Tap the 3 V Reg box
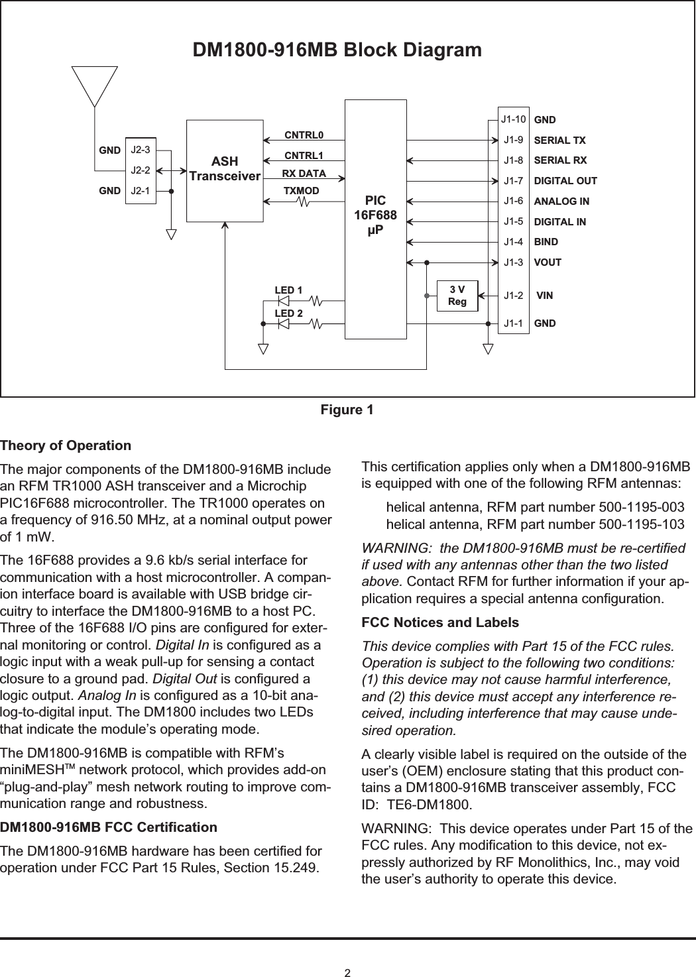pos(457,296)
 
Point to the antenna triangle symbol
pos(95,86)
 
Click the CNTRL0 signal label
pos(304,136)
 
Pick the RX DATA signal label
pos(304,174)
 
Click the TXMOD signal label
pos(302,191)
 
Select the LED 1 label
pos(288,290)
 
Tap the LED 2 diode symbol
pos(284,324)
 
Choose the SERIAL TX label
pos(560,141)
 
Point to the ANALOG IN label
pos(561,201)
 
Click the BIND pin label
pos(546,242)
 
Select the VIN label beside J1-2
pos(545,294)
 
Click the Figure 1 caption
pos(347,410)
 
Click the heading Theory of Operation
pos(66,445)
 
